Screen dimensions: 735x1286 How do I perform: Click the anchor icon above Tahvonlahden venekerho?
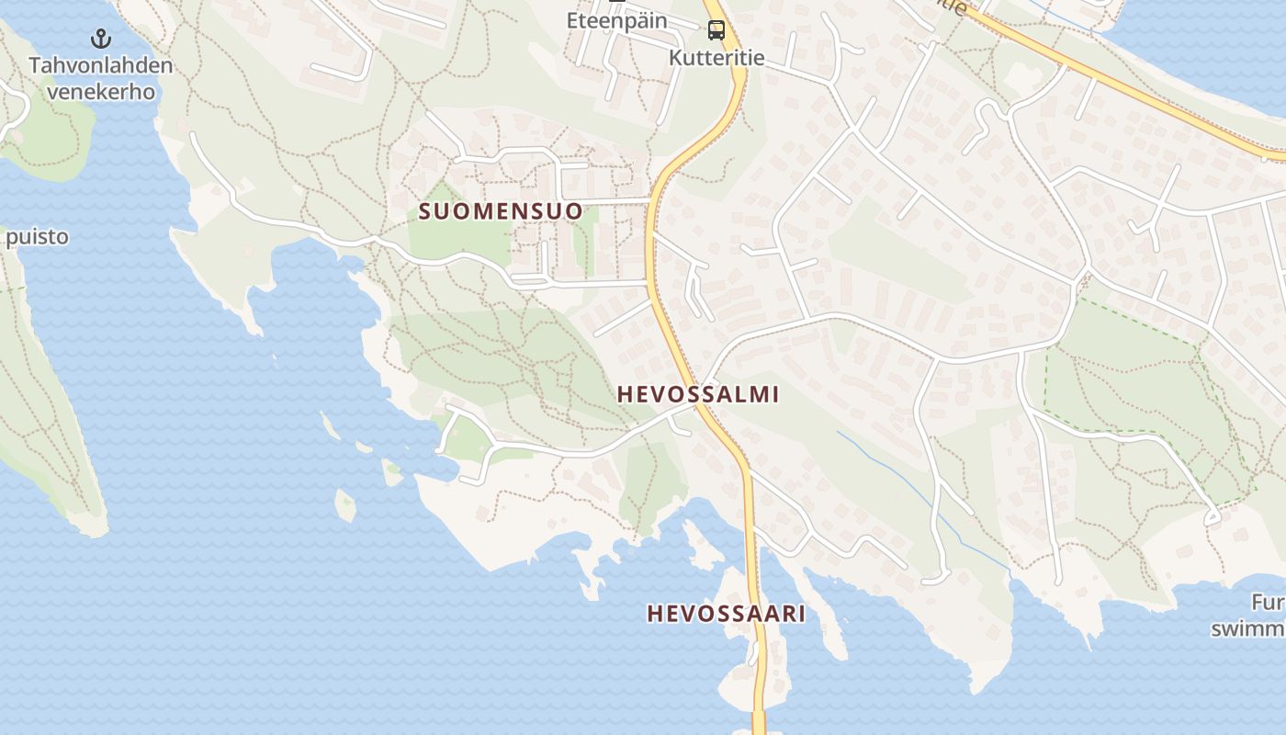101,39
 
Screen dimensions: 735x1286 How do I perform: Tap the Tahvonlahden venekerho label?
101,78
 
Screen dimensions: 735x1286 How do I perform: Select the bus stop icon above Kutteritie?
716,30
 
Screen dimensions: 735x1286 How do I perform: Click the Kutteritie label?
716,58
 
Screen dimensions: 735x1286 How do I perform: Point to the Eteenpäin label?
616,19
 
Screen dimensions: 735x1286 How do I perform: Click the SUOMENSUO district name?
501,211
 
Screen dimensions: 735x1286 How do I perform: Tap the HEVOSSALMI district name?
698,394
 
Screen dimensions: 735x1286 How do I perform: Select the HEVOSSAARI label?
726,614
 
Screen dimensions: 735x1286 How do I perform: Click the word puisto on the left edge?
37,237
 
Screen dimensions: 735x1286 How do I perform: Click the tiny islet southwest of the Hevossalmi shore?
345,505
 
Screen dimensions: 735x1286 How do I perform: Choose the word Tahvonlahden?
101,65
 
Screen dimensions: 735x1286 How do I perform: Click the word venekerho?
101,92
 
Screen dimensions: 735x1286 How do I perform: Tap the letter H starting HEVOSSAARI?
655,614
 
